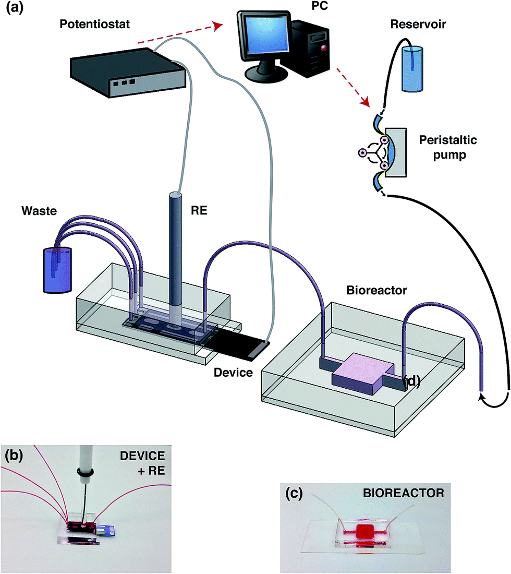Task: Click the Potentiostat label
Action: [94, 24]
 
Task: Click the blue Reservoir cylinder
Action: [412, 68]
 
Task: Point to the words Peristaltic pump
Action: [448, 147]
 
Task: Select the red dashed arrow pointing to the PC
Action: [180, 33]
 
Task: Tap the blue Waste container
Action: [57, 270]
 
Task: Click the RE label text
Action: [199, 210]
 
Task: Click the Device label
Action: [234, 372]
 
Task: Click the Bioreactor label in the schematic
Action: [376, 290]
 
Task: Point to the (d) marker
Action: [411, 381]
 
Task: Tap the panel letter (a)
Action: [15, 7]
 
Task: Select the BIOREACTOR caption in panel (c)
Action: [403, 493]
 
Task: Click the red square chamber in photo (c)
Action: [364, 531]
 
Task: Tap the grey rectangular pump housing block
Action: [396, 153]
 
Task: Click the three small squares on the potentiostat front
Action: [124, 83]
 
